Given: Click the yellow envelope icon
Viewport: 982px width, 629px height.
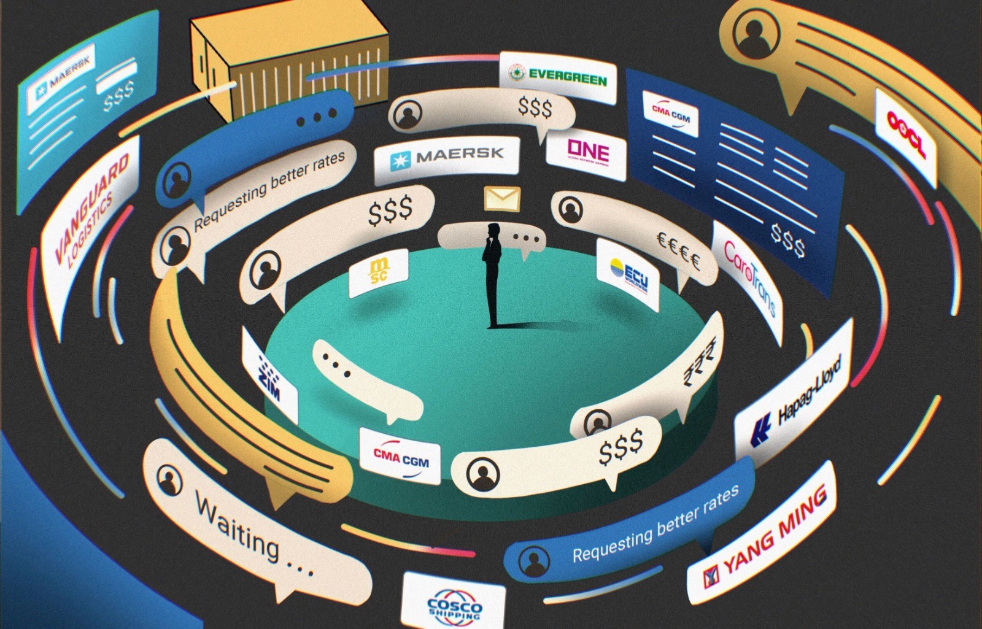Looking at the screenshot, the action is pos(502,198).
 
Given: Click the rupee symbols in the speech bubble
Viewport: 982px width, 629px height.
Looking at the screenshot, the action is pos(700,362).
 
